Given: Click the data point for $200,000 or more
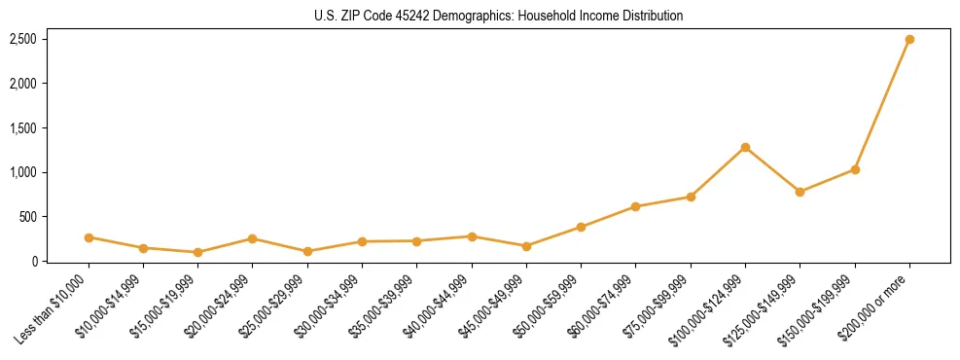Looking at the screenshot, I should click(909, 40).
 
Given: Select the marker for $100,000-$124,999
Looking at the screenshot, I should click(745, 147).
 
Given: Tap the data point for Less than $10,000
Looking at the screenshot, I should click(89, 237).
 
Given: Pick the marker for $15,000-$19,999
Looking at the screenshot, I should click(197, 252).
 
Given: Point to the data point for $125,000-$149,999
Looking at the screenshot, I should click(800, 192).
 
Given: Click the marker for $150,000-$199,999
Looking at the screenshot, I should click(855, 169).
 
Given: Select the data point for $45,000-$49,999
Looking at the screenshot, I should click(526, 246).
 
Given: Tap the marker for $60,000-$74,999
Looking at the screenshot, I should click(635, 206).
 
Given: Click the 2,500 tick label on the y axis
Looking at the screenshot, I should click(23, 40).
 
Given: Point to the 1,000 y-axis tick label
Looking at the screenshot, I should click(23, 172).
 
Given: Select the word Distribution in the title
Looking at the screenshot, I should click(648, 17).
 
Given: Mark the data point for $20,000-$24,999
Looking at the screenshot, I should click(252, 238).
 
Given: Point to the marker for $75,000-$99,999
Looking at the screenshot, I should click(691, 197).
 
